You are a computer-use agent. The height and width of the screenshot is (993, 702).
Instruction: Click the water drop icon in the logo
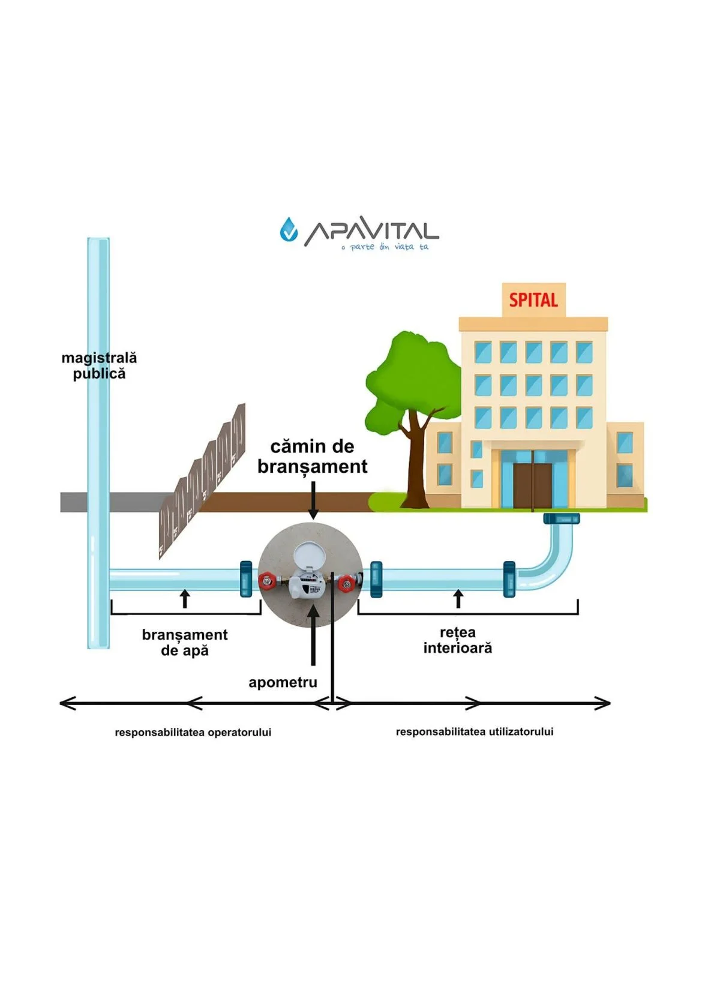point(289,229)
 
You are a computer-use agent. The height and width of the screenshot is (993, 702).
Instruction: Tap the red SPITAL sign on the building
point(533,299)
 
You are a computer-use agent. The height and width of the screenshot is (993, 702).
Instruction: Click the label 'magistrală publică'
point(100,366)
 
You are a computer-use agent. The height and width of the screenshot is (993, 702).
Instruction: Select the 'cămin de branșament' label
point(312,457)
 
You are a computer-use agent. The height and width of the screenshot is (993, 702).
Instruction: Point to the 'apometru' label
point(283,682)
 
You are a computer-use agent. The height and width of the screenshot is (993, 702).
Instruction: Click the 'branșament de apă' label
point(185,643)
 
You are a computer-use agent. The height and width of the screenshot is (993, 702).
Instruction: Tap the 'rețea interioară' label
point(458,640)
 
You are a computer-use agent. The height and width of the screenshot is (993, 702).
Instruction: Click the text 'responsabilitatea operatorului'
point(193,733)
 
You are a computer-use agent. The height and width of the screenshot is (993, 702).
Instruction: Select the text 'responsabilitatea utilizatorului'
point(475,732)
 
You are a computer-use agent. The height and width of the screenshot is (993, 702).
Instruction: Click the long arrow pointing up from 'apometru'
point(312,636)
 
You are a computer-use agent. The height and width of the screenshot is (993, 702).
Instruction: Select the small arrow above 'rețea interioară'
point(458,599)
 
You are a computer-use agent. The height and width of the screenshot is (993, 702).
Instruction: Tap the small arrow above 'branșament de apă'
point(185,599)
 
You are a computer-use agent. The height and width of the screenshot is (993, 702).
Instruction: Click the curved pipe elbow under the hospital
point(552,558)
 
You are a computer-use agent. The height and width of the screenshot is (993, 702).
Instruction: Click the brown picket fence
point(204,477)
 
